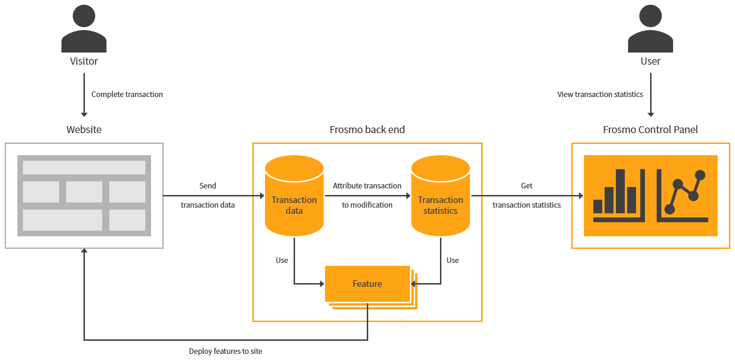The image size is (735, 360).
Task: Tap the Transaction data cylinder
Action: (294, 197)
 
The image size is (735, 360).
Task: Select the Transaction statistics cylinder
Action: (440, 197)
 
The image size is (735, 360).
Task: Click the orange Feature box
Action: (367, 284)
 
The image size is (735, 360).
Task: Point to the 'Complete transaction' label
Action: (127, 94)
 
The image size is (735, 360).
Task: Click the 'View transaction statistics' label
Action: (600, 94)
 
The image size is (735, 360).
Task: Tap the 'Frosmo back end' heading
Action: (367, 129)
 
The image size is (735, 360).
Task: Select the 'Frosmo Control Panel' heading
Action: (650, 129)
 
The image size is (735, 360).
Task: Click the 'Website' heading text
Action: (84, 129)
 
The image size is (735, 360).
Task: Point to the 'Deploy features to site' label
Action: (226, 351)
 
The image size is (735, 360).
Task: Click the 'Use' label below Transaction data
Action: (282, 260)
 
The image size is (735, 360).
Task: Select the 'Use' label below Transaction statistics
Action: (453, 260)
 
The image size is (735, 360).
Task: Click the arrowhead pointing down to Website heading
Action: (84, 114)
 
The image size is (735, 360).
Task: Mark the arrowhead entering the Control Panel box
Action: (581, 195)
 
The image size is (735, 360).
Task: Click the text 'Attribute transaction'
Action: (367, 186)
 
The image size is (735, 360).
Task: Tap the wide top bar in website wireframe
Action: (84, 167)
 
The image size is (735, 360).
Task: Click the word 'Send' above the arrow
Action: (208, 186)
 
